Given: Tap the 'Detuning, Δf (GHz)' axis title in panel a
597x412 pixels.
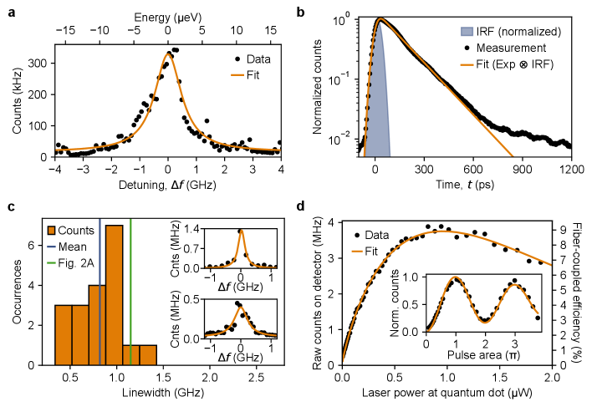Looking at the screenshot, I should (x=167, y=182).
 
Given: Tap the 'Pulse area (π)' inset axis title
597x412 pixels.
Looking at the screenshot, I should (x=482, y=344).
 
